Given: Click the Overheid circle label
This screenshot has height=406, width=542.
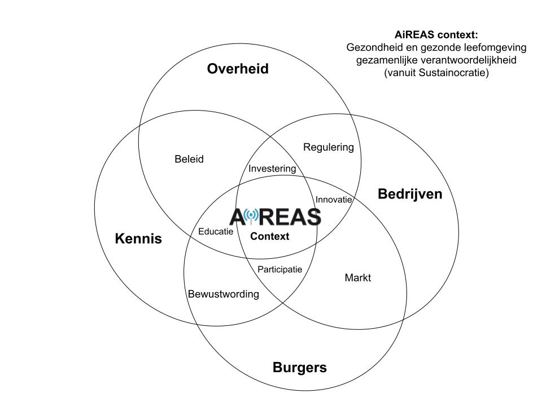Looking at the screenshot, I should point(238,69).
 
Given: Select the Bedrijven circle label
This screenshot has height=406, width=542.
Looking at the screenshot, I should point(409,195).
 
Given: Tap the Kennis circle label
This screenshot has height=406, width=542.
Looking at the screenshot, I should point(138,239).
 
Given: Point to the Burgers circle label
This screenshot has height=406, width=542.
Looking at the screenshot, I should point(299,368).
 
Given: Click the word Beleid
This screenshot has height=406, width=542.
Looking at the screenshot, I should point(189,159).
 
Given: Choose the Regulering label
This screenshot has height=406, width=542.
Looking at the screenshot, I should point(329,147).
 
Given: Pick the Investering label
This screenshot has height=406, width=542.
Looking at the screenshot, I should point(272,169).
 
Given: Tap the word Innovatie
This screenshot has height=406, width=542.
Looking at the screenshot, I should point(334,200).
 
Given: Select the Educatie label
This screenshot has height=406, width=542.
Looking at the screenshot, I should point(216,232).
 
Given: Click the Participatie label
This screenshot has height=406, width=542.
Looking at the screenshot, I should point(279,269).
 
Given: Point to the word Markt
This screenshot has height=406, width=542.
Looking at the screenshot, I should point(357,277).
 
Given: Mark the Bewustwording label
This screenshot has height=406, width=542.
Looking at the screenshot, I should point(223,294).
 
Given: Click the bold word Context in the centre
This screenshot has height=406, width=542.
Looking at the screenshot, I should point(269,236).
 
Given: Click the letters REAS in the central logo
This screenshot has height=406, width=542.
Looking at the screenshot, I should point(290,217).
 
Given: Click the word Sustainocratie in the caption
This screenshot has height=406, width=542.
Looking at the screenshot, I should point(444,72).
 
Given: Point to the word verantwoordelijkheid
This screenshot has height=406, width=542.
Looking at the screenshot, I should point(457,60).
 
